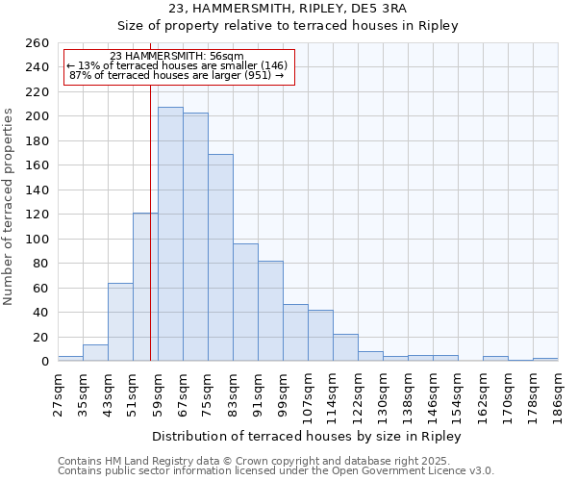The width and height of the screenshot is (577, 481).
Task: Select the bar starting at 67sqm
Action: point(195,237)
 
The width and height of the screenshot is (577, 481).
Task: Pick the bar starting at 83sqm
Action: point(245,302)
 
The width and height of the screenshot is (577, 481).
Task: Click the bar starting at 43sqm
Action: point(120,322)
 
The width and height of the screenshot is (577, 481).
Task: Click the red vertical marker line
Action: point(150,240)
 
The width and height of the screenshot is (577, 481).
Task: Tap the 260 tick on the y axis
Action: point(38,43)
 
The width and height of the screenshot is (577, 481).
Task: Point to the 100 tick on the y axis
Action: point(38,239)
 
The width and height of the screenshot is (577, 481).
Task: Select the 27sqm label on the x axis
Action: point(58,389)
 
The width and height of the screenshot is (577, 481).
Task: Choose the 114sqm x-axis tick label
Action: point(333,391)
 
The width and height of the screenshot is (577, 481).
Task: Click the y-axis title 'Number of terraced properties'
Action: point(10,207)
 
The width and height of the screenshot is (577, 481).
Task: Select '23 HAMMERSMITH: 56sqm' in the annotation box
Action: point(177,57)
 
